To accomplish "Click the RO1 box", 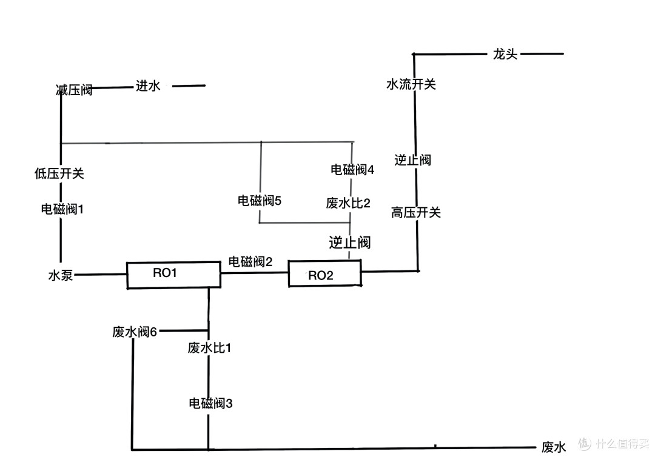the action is (173, 275).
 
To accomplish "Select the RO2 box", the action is (324, 273).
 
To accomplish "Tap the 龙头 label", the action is (505, 55).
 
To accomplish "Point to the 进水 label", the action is (148, 86).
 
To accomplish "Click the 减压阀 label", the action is (75, 90).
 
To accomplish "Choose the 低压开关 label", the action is (59, 173).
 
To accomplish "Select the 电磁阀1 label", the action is (62, 208).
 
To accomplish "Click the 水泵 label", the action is (61, 275).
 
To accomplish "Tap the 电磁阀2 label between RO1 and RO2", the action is (250, 262).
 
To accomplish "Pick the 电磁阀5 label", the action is (260, 201).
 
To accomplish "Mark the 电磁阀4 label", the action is (352, 170).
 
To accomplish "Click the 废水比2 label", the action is (348, 203).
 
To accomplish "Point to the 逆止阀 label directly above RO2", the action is (350, 242).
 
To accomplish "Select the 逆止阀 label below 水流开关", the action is (413, 160).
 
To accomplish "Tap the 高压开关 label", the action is (416, 212).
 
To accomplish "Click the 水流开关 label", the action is (411, 84).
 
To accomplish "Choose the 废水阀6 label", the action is (135, 332).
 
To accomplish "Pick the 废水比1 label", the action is (209, 348).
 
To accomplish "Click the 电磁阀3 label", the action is (210, 403).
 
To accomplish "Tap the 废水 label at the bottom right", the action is (554, 447).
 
